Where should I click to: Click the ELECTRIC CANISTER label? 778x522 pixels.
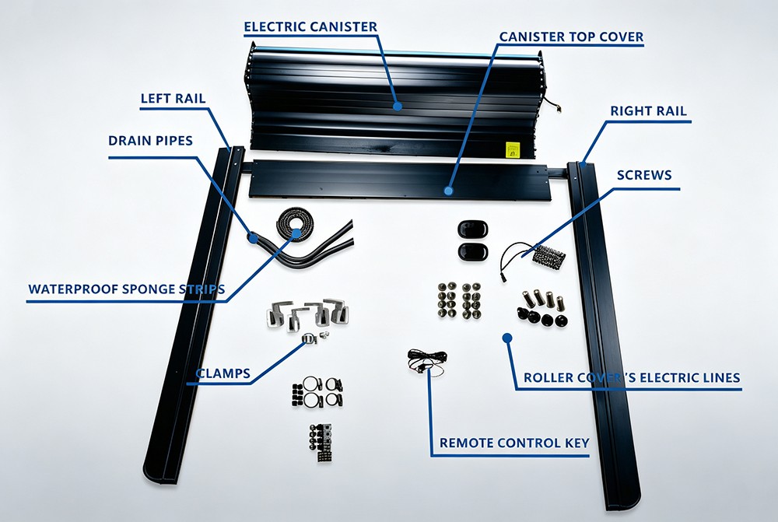[310, 26]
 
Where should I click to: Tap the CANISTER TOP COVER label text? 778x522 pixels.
[571, 37]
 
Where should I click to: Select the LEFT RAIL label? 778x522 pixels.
[173, 98]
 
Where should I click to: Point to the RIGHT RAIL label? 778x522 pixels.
[649, 110]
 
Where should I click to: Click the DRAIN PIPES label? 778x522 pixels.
[150, 141]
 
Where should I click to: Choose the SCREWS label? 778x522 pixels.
[644, 175]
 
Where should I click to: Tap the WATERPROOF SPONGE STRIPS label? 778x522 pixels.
[127, 289]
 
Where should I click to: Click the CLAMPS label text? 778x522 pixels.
[223, 373]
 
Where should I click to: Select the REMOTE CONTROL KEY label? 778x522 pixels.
[514, 443]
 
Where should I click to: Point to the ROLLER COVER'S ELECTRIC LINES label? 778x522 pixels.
[632, 377]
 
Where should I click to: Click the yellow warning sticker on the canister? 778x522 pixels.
[513, 149]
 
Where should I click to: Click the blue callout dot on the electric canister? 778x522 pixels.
[397, 106]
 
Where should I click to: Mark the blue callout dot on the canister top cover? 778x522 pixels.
[449, 190]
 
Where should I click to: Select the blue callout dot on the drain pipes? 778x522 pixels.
[253, 238]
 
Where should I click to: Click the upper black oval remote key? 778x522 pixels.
[472, 229]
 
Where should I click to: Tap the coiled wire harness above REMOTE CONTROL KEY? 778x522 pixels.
[426, 359]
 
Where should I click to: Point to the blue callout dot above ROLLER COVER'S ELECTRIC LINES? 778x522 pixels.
[506, 338]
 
